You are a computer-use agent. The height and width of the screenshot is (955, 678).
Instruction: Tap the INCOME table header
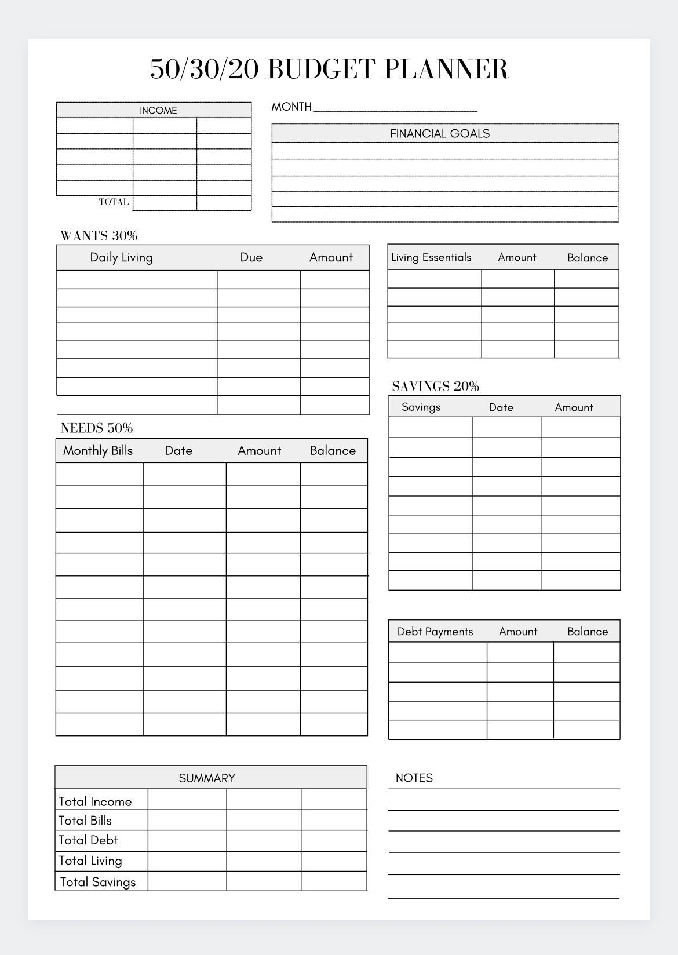pyautogui.click(x=158, y=110)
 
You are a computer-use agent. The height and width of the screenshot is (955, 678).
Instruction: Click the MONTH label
pyautogui.click(x=291, y=107)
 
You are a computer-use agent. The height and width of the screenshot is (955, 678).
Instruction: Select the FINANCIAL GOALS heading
pyautogui.click(x=439, y=133)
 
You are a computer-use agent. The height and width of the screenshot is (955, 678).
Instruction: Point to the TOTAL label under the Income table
pyautogui.click(x=114, y=202)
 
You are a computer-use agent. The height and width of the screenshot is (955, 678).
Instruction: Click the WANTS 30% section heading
pyautogui.click(x=99, y=235)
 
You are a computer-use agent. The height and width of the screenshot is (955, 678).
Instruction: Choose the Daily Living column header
pyautogui.click(x=121, y=257)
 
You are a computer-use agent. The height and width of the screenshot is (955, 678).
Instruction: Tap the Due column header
pyautogui.click(x=251, y=257)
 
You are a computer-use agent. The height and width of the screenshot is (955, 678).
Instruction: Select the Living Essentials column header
pyautogui.click(x=431, y=257)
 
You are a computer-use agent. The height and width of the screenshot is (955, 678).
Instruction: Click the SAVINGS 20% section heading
pyautogui.click(x=435, y=386)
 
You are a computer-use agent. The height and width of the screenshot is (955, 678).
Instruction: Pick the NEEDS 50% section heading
pyautogui.click(x=96, y=428)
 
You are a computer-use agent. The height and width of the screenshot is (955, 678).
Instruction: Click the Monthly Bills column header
pyautogui.click(x=97, y=450)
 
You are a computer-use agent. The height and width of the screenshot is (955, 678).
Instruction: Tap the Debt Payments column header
pyautogui.click(x=435, y=631)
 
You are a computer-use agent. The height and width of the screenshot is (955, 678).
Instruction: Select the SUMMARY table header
pyautogui.click(x=207, y=778)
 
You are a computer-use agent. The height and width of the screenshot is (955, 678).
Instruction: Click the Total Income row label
pyautogui.click(x=95, y=801)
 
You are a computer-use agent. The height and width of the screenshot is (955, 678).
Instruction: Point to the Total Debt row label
pyautogui.click(x=88, y=840)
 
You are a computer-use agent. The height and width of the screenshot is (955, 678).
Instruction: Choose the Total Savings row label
pyautogui.click(x=97, y=881)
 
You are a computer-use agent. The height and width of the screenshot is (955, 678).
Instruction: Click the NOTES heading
pyautogui.click(x=414, y=778)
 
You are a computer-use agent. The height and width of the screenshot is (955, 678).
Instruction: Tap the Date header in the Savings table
pyautogui.click(x=501, y=407)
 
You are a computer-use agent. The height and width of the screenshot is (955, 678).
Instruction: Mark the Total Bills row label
pyautogui.click(x=85, y=820)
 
